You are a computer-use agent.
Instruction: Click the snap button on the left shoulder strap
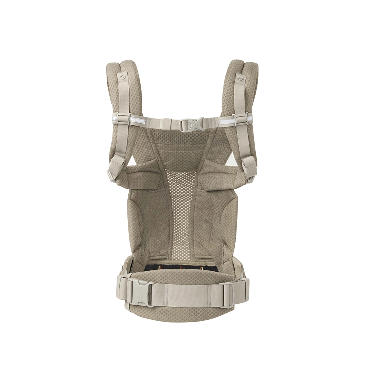(122, 77)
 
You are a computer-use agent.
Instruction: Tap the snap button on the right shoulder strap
(241, 79)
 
